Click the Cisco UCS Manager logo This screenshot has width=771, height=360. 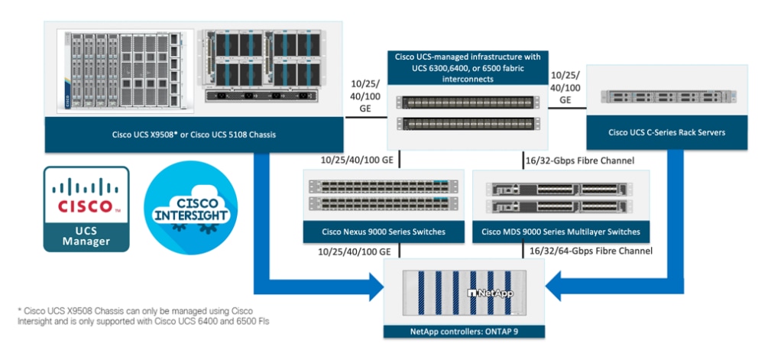click(86, 208)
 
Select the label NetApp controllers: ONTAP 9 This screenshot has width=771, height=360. click(465, 331)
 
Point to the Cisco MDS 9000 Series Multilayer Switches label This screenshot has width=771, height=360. click(560, 232)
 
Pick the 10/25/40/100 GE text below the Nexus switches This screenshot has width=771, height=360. click(348, 251)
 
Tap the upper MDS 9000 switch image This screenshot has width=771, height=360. click(560, 188)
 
